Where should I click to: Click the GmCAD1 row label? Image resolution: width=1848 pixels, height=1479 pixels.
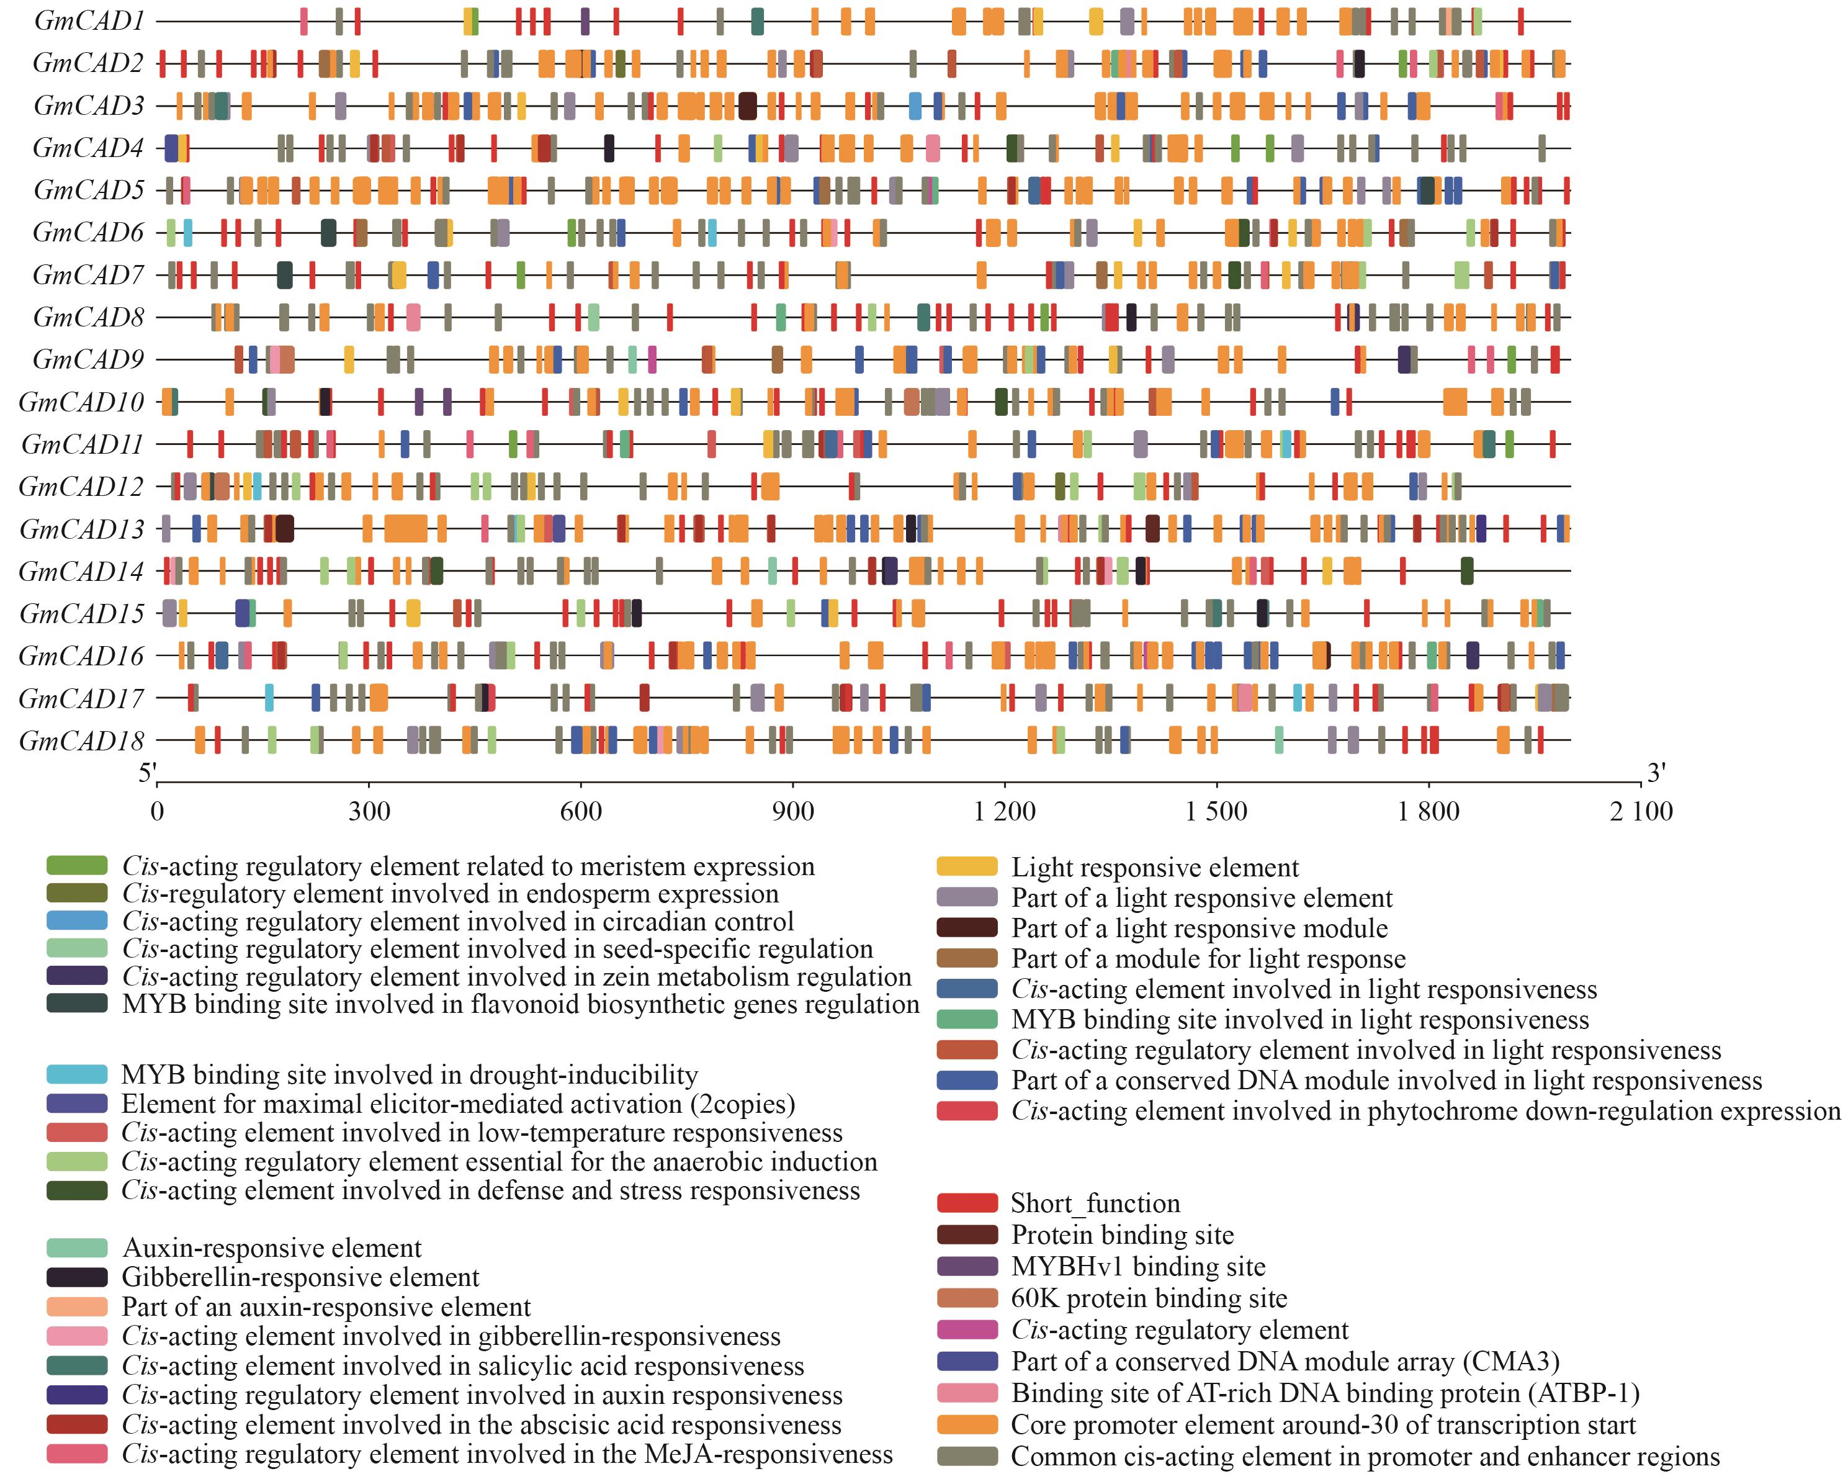(89, 20)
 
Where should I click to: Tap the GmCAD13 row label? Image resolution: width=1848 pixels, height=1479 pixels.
(83, 529)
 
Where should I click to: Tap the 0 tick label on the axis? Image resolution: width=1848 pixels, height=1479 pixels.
(157, 811)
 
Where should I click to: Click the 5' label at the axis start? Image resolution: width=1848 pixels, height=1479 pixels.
(148, 773)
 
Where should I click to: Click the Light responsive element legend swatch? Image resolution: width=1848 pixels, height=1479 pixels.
(967, 867)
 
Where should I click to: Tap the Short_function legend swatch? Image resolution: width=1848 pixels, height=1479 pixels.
(967, 1203)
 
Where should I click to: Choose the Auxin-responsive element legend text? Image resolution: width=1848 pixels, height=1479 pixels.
(272, 1247)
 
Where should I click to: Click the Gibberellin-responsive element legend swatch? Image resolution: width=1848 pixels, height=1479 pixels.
(77, 1277)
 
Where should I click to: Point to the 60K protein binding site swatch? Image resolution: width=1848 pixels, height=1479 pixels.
(967, 1298)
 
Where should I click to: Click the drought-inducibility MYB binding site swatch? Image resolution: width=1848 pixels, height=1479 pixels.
(77, 1074)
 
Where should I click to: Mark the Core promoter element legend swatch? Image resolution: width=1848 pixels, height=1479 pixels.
(967, 1424)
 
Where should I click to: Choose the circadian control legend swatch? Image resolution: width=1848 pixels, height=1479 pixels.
(77, 921)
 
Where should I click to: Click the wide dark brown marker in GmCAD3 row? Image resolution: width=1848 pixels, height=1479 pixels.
(747, 106)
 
